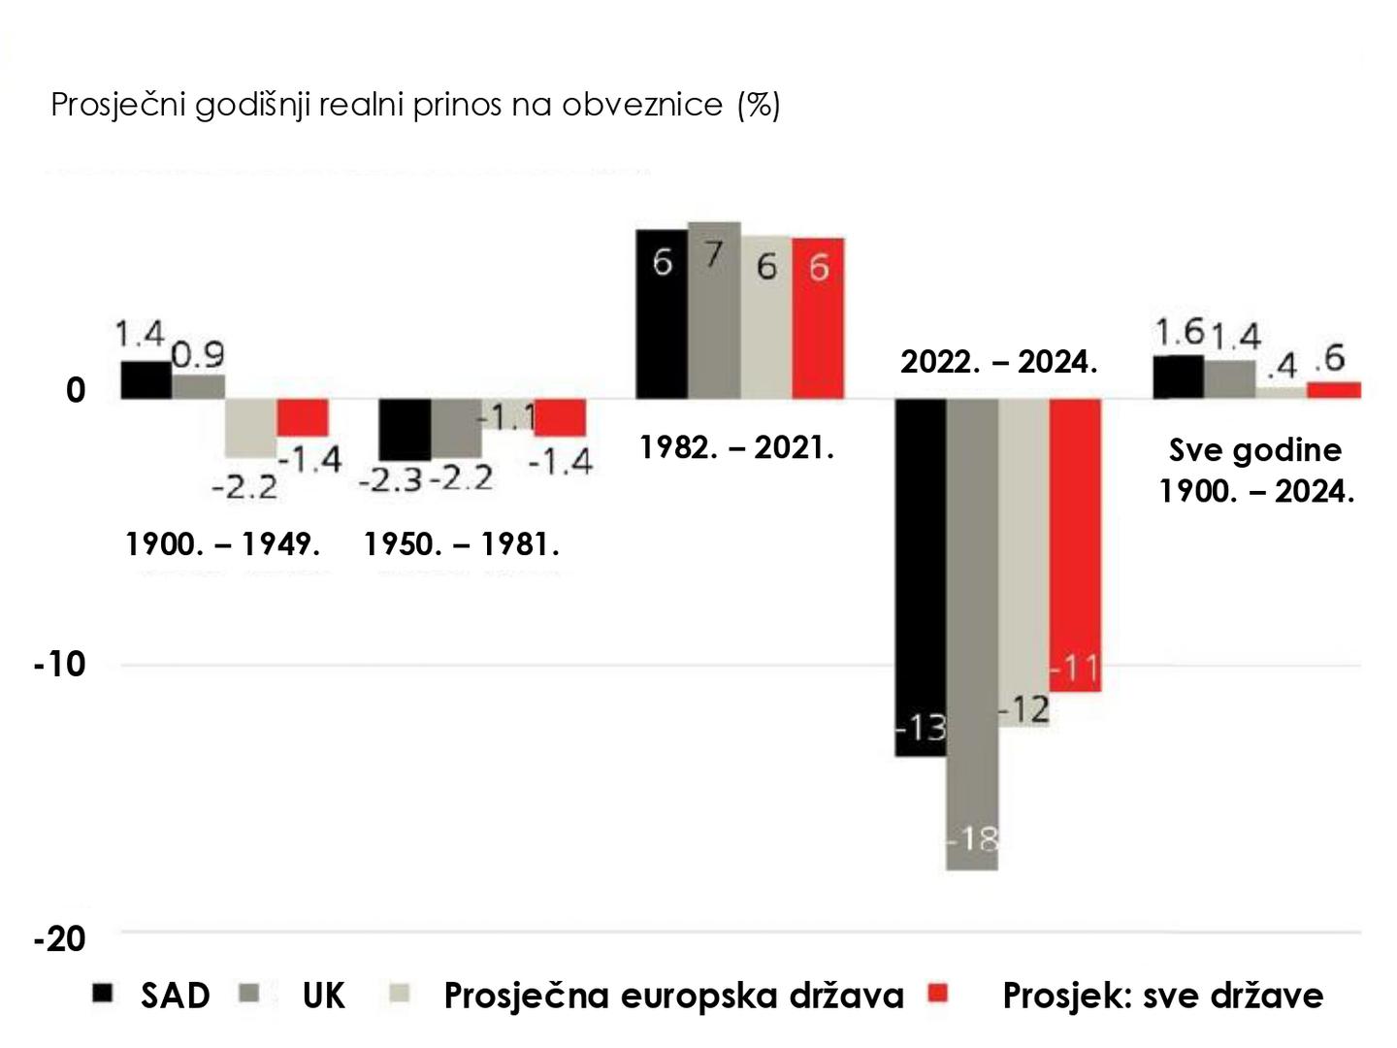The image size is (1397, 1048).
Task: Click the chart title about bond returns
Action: coord(415,104)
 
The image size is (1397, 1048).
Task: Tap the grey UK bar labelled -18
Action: coord(972,631)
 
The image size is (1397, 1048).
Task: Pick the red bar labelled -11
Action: coord(1075,543)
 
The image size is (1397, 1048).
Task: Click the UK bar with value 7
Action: coord(714,311)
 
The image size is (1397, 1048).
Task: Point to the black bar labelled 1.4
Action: coord(146,379)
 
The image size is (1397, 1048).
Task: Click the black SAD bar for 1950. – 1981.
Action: coord(405,429)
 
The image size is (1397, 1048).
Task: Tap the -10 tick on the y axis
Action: coord(60,665)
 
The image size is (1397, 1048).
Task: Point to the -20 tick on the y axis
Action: coord(60,938)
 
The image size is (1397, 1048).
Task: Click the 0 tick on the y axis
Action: coord(76,390)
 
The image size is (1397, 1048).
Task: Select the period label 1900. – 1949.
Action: coord(223,544)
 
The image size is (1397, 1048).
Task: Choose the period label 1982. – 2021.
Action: coord(736,447)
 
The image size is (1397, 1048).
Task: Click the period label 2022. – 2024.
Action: coord(998,362)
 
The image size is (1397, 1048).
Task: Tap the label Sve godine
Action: coord(1255,450)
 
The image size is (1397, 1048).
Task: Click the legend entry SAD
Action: coord(175,996)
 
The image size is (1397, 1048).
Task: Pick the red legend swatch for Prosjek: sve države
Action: coord(938,994)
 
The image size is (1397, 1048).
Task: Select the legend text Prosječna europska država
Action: coord(673,996)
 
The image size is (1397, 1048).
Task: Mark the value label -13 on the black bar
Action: coord(921,727)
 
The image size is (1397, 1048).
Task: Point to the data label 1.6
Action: coord(1179,333)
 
